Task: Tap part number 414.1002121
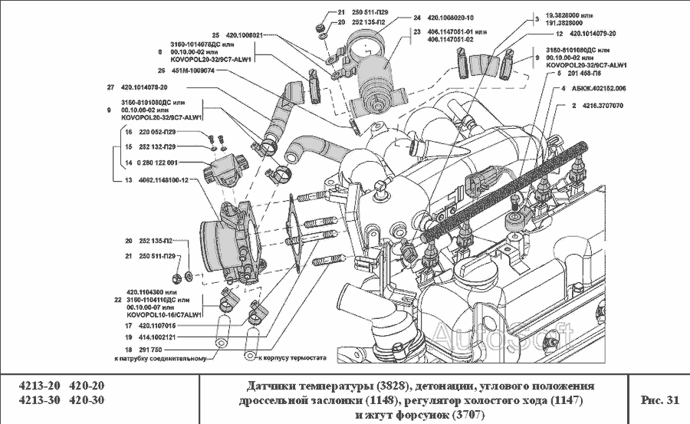[x=156, y=337]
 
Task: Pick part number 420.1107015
[x=156, y=325]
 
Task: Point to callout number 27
[x=111, y=87]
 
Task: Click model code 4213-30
[x=38, y=400]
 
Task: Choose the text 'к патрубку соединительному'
[x=159, y=358]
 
